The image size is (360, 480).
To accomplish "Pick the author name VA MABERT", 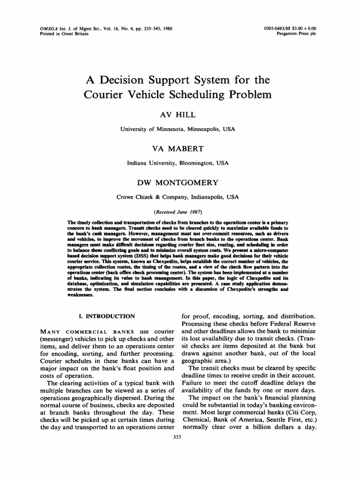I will pyautogui.click(x=178, y=149).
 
